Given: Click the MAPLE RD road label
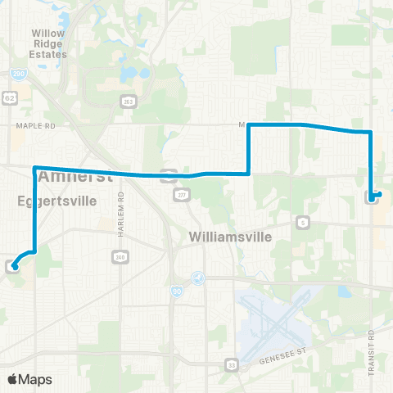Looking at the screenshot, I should click(33, 126).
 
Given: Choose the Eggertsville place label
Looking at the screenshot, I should click(56, 200).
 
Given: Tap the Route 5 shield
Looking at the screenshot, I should click(304, 222).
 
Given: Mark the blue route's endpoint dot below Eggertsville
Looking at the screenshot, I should click(15, 266).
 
